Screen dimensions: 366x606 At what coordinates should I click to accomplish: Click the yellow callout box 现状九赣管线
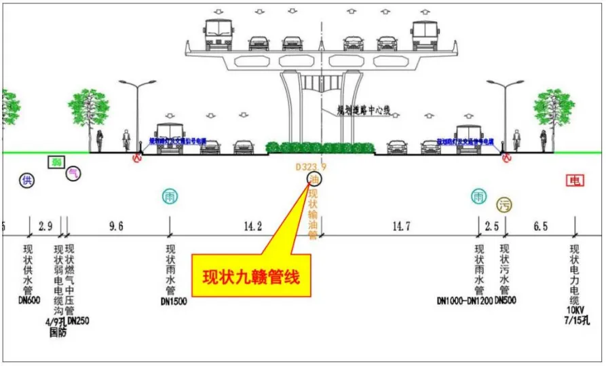tap(252, 276)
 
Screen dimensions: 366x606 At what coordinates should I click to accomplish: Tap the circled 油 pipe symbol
tap(315, 179)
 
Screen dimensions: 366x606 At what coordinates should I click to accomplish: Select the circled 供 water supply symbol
tap(27, 181)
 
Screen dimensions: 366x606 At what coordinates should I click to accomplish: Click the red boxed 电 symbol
tap(575, 181)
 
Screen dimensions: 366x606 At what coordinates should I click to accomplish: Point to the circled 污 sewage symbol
tap(504, 204)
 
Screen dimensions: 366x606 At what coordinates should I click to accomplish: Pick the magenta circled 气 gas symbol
tap(73, 174)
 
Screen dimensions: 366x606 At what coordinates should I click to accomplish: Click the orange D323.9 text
tap(311, 166)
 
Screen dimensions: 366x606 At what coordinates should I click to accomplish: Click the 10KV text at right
tap(575, 309)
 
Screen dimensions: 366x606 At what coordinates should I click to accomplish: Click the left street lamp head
tap(138, 84)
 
